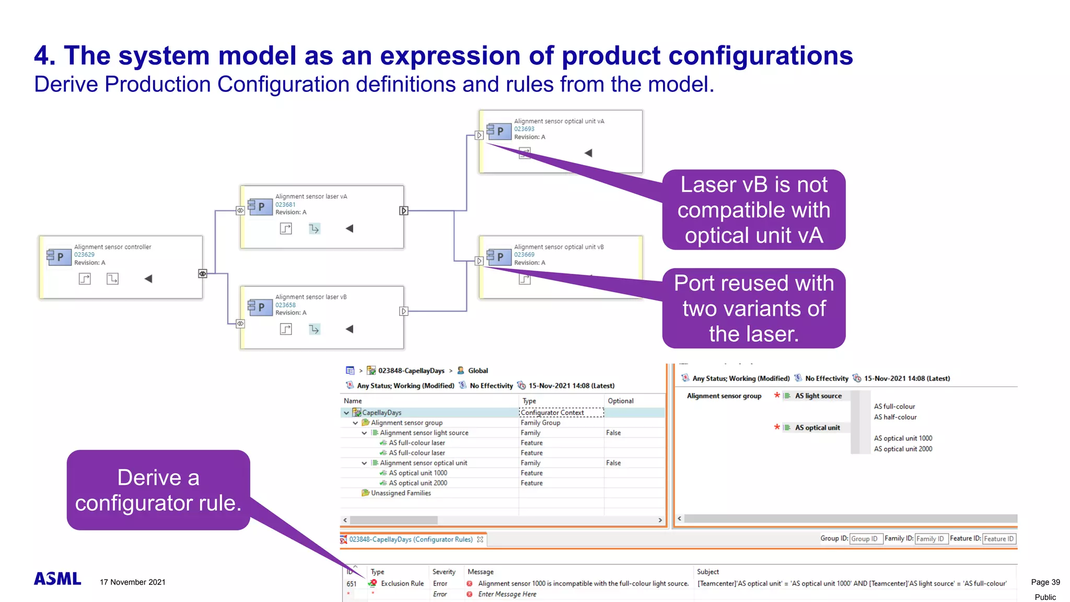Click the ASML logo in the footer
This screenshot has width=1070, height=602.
click(x=57, y=578)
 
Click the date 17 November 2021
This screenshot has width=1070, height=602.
click(x=133, y=582)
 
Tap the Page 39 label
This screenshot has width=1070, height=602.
click(x=1045, y=582)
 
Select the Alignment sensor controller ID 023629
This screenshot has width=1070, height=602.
click(x=84, y=255)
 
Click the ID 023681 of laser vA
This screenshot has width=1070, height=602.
click(x=285, y=205)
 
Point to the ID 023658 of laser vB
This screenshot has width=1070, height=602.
click(x=285, y=305)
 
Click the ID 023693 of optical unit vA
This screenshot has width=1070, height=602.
click(x=524, y=129)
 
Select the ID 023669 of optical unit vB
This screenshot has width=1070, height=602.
click(x=524, y=255)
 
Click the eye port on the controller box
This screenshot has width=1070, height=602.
click(x=203, y=273)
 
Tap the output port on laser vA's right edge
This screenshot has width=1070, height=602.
click(x=403, y=211)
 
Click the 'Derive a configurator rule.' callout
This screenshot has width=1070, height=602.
click(x=158, y=490)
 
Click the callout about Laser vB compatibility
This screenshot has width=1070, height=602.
click(x=753, y=210)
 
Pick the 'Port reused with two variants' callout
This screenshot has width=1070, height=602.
click(x=753, y=308)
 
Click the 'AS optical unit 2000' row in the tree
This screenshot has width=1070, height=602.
click(x=417, y=483)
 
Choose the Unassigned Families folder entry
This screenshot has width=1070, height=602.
click(x=400, y=493)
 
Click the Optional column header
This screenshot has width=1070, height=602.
click(x=620, y=401)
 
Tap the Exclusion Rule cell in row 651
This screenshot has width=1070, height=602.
click(x=402, y=584)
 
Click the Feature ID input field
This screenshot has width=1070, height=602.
click(x=998, y=539)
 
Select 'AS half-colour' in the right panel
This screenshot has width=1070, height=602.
click(x=895, y=418)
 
